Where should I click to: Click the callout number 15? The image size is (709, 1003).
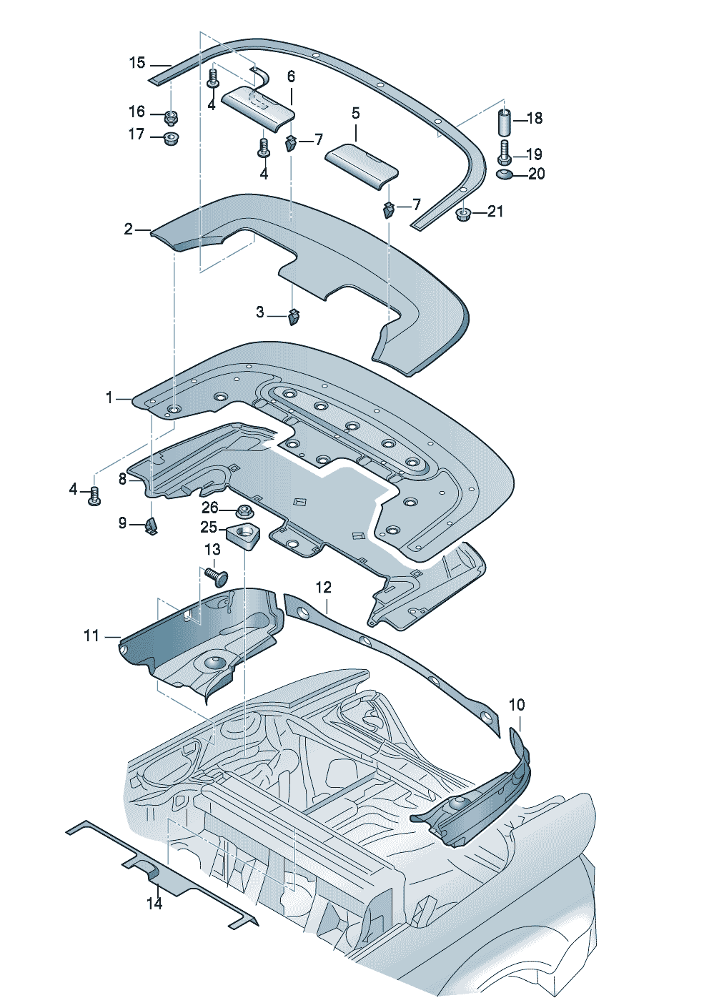pos(137,63)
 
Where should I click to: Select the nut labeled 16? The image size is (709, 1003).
pos(171,117)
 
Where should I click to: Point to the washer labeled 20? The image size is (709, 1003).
pos(504,174)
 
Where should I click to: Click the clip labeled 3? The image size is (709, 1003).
pos(293,316)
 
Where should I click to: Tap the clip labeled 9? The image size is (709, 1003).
pos(152,525)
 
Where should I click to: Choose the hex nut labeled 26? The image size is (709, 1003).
pos(244,511)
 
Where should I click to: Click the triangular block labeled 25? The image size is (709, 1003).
pos(242,535)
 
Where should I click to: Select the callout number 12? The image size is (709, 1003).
pos(323,587)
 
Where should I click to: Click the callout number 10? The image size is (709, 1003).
pos(517,705)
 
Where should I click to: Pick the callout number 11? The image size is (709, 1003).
pos(91,636)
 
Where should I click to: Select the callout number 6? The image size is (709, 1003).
pos(291,77)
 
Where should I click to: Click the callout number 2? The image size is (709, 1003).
pos(129,229)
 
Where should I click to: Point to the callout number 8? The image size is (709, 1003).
pos(123,480)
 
